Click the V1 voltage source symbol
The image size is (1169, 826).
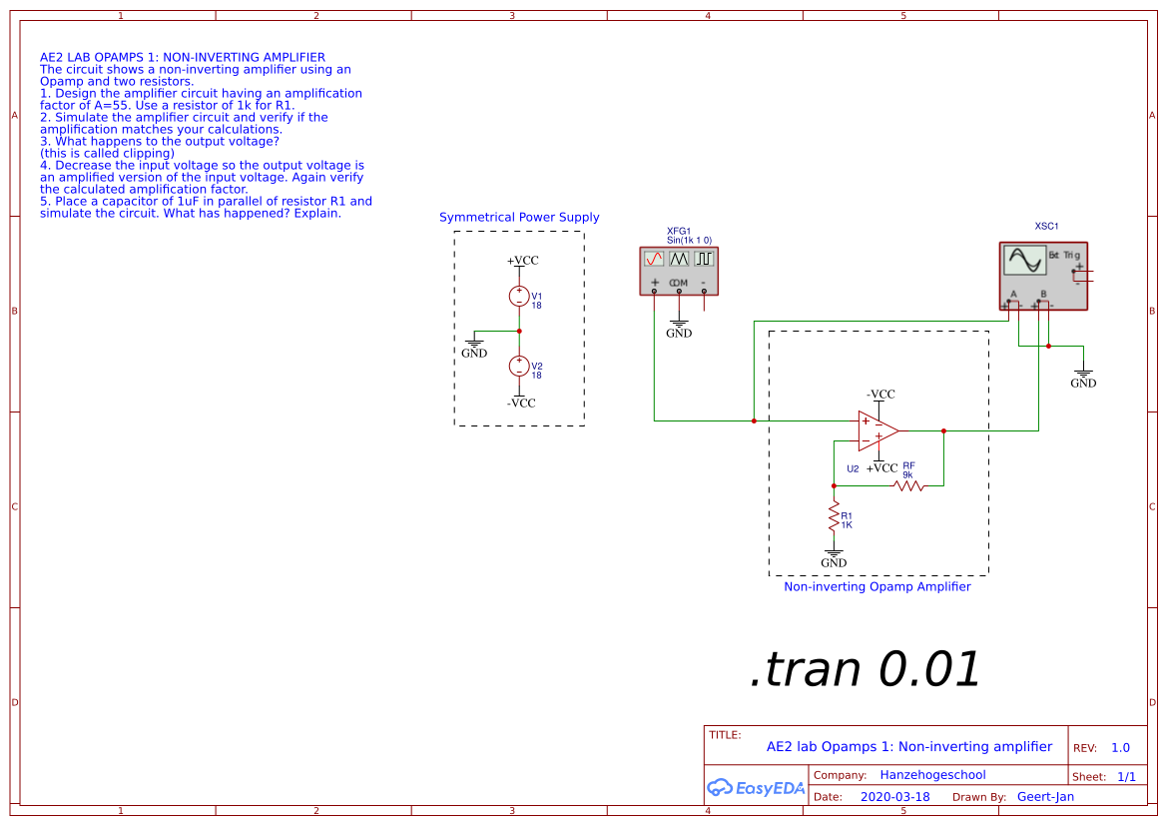(x=519, y=296)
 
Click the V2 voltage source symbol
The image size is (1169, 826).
(x=519, y=366)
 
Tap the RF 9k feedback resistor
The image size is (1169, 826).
(x=908, y=485)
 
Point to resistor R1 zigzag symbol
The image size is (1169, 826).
(x=834, y=517)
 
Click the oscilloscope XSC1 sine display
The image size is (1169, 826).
(x=1025, y=261)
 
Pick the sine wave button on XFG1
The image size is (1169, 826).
(x=654, y=258)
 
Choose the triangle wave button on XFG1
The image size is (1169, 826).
(x=679, y=258)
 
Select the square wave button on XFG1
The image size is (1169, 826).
(x=704, y=258)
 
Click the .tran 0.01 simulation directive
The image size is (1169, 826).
(x=865, y=669)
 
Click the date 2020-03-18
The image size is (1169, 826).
(x=894, y=797)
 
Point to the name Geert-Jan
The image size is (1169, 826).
(x=1045, y=797)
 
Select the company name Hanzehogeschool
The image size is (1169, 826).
(x=932, y=775)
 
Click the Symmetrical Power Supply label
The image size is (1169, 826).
(x=519, y=218)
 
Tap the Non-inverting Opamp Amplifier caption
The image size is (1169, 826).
(x=877, y=587)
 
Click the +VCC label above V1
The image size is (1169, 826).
(x=522, y=261)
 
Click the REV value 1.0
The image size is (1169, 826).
(x=1120, y=748)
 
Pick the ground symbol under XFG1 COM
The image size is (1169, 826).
(x=679, y=327)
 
